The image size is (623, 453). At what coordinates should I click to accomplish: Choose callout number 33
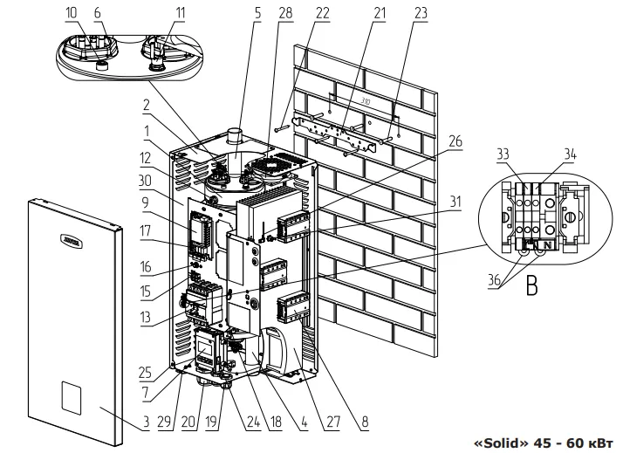coord(527,154)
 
